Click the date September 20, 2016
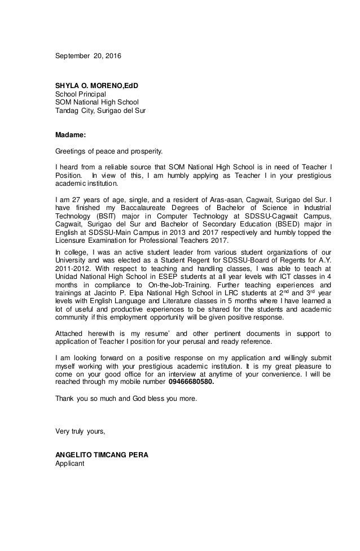tap(87, 56)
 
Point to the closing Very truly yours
tap(80, 433)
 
